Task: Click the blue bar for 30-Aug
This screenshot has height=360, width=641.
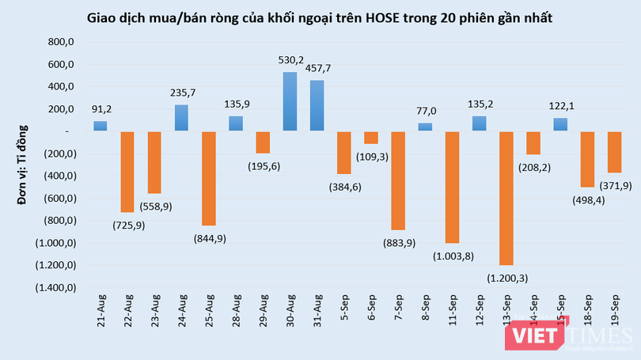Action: point(290,101)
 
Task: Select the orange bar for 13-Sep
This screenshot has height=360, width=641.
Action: point(506,198)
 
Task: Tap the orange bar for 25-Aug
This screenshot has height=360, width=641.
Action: point(209,178)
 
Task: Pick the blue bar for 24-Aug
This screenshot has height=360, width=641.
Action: point(181,118)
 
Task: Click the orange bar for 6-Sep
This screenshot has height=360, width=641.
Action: point(370,137)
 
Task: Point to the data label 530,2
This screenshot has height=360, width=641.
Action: point(290,59)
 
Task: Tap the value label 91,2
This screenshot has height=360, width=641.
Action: point(101,110)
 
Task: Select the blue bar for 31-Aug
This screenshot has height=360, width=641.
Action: point(317,105)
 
